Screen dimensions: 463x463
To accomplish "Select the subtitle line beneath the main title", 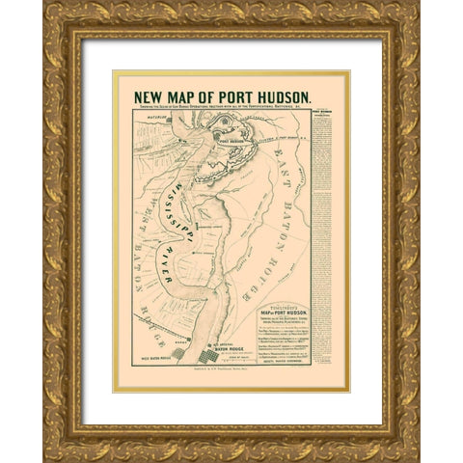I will (216, 109).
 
